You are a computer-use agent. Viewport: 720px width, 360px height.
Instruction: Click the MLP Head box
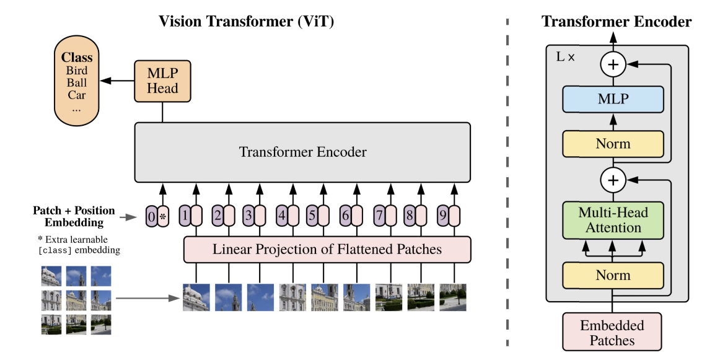(162, 81)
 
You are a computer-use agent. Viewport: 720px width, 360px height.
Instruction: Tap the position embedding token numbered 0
(152, 216)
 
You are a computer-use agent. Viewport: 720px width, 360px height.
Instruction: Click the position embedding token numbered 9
(442, 216)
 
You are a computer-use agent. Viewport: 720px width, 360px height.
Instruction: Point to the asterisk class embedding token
(163, 216)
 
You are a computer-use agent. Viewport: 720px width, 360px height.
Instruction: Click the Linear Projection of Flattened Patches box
(327, 249)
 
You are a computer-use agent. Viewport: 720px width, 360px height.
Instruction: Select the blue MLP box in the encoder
(613, 99)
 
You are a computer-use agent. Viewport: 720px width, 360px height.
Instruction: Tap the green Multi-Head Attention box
(613, 221)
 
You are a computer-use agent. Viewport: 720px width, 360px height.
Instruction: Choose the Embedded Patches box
(612, 333)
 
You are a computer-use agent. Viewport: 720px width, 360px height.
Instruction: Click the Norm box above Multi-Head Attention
(613, 144)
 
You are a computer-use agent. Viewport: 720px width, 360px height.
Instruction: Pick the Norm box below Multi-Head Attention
(613, 276)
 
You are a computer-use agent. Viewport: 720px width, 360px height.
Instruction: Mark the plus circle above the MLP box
(613, 64)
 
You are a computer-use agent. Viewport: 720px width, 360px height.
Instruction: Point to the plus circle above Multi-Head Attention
(613, 180)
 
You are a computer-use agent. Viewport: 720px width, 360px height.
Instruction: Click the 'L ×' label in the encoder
(566, 58)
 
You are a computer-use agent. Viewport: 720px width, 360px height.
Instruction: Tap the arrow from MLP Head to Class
(117, 81)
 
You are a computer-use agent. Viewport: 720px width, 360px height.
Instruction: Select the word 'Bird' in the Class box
(77, 71)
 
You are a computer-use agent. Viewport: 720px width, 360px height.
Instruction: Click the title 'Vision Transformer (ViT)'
(246, 21)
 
